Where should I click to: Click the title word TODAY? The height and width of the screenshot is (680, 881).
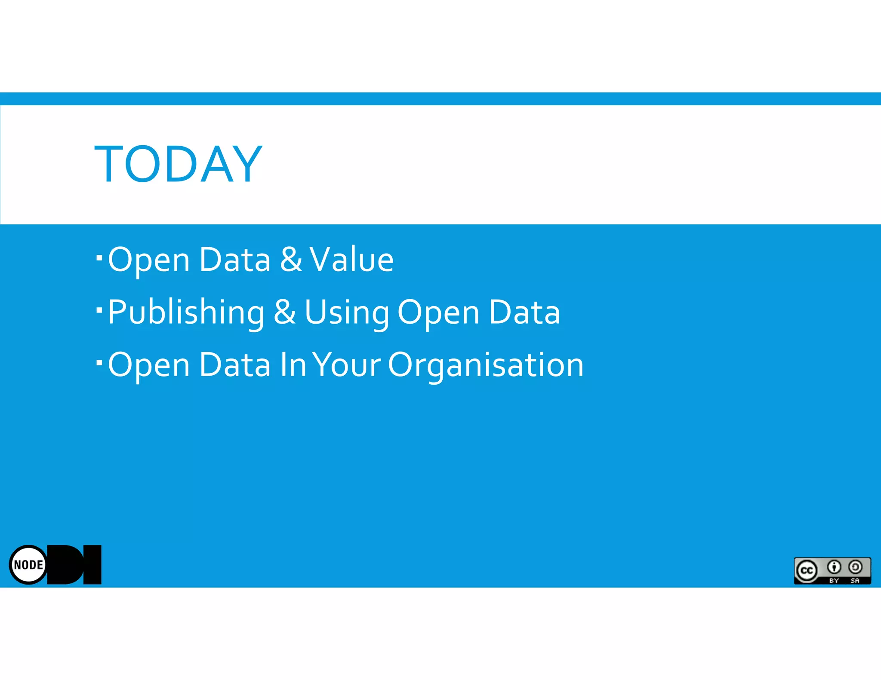pyautogui.click(x=178, y=164)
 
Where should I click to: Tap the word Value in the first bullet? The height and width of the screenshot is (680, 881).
pyautogui.click(x=351, y=260)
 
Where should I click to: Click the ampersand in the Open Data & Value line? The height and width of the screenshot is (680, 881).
pyautogui.click(x=291, y=260)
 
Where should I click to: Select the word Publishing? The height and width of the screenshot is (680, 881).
pyautogui.click(x=186, y=313)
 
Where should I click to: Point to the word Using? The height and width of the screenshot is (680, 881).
pyautogui.click(x=346, y=313)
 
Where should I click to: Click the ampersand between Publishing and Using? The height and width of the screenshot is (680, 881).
pyautogui.click(x=285, y=312)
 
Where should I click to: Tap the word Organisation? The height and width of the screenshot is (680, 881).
pyautogui.click(x=486, y=365)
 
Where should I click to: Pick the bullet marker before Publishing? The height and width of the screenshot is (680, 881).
pyautogui.click(x=99, y=310)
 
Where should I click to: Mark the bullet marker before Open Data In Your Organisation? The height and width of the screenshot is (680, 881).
pyautogui.click(x=99, y=363)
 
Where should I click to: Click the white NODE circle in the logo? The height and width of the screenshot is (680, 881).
pyautogui.click(x=28, y=565)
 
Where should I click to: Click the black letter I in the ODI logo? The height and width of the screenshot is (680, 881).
pyautogui.click(x=92, y=565)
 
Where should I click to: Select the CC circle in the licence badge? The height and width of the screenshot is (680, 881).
pyautogui.click(x=807, y=571)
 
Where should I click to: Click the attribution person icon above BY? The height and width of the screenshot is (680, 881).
pyautogui.click(x=834, y=567)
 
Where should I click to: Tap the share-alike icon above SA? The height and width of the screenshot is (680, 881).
pyautogui.click(x=855, y=567)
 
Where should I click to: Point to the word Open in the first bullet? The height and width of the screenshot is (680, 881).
pyautogui.click(x=149, y=260)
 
